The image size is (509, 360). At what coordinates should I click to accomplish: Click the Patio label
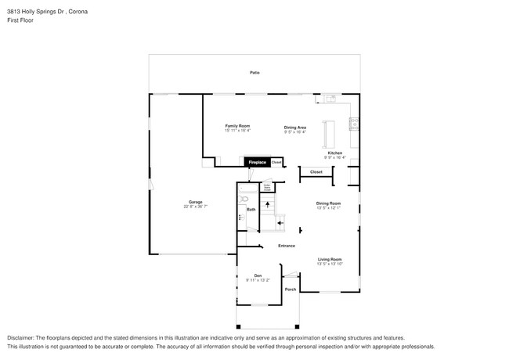(x=254, y=72)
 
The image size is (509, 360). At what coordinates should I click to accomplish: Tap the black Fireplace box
(x=258, y=162)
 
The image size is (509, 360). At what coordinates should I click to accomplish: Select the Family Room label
(x=237, y=126)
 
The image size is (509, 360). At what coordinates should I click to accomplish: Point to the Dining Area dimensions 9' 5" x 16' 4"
(x=294, y=131)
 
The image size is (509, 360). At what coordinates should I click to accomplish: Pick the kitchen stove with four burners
(x=355, y=123)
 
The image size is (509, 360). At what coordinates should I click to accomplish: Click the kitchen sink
(x=331, y=99)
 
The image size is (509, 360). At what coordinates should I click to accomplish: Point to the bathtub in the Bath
(x=242, y=220)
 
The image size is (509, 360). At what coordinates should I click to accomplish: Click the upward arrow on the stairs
(x=267, y=205)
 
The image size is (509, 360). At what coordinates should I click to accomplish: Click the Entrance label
(x=286, y=246)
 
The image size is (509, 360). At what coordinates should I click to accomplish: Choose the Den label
(x=258, y=274)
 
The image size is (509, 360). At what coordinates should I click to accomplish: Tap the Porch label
(x=291, y=289)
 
